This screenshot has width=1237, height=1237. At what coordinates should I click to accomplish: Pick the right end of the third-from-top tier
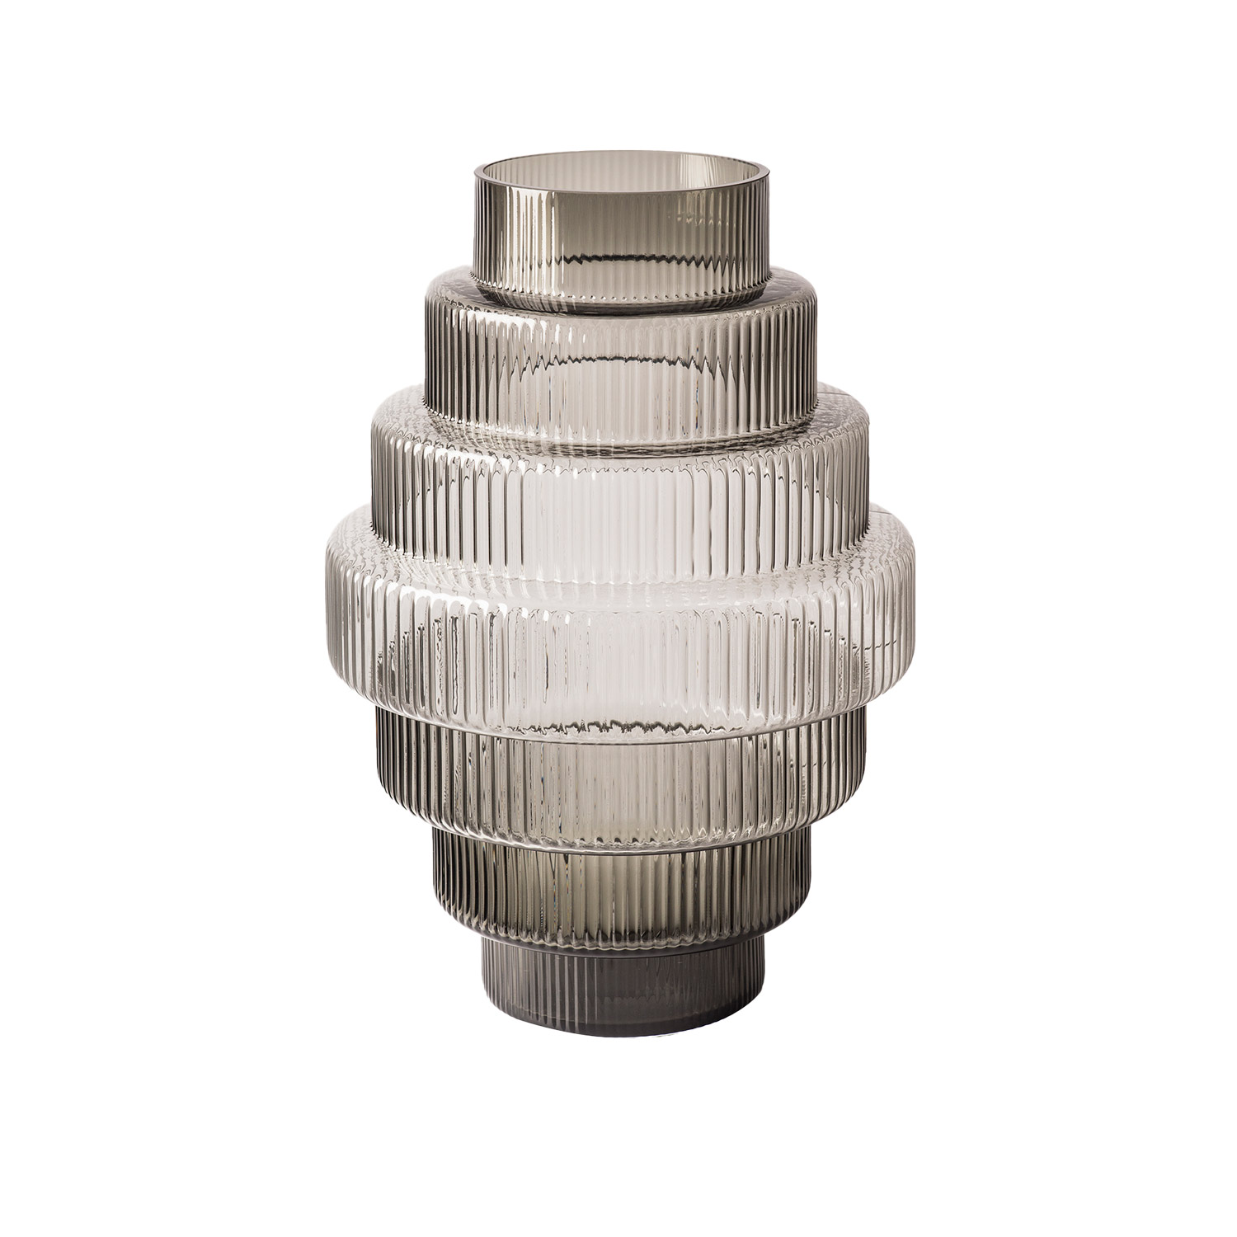point(871,462)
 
